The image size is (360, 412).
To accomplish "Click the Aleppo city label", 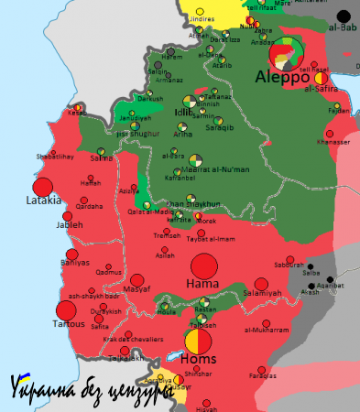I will (280, 75).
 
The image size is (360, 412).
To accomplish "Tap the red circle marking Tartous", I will (65, 310).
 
